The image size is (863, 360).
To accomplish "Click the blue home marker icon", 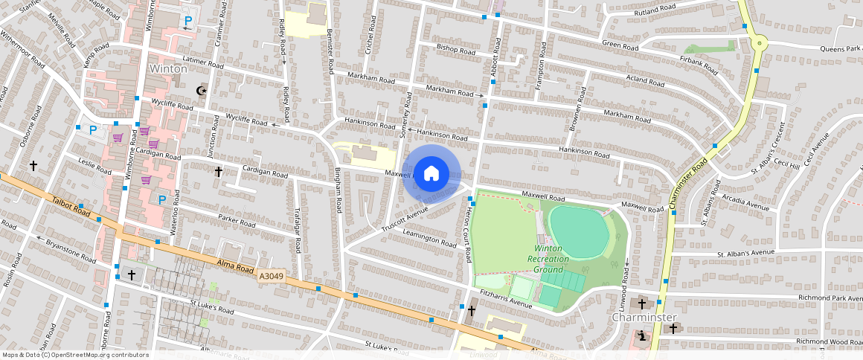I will pyautogui.click(x=431, y=174).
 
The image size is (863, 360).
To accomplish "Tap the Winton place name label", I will pyautogui.click(x=167, y=68).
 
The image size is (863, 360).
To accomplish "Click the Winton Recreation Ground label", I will pyautogui.click(x=548, y=258).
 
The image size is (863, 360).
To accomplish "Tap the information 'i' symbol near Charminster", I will pyautogui.click(x=642, y=336).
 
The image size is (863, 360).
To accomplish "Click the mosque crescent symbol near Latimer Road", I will pyautogui.click(x=199, y=90).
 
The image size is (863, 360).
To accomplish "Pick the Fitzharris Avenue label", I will pyautogui.click(x=507, y=300).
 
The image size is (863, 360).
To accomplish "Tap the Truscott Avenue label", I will pyautogui.click(x=408, y=216).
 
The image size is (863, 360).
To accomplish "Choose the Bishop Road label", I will pyautogui.click(x=455, y=50).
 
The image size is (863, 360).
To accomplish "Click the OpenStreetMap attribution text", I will pyautogui.click(x=75, y=355).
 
